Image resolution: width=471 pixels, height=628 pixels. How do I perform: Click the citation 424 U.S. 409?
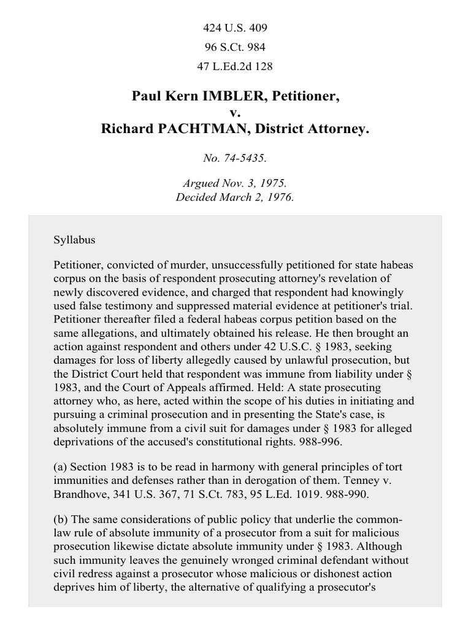[x=235, y=28]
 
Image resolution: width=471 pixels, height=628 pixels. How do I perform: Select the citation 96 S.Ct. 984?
[x=235, y=47]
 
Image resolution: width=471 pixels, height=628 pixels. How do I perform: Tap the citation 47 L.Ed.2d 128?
[x=235, y=67]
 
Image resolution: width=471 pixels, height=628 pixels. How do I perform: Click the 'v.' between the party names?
[x=235, y=113]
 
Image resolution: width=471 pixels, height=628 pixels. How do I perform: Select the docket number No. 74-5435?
[x=235, y=158]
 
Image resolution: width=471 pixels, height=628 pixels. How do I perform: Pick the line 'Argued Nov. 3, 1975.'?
[x=235, y=184]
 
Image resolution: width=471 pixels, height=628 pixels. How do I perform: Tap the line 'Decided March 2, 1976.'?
[x=235, y=197]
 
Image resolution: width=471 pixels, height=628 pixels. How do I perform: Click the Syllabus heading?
[x=74, y=240]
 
